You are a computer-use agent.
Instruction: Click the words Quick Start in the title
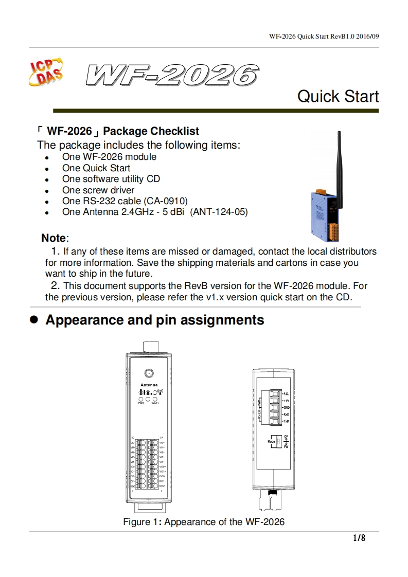tap(338, 96)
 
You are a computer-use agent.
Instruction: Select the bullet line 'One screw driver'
tap(98, 190)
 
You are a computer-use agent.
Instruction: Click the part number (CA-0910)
tap(165, 201)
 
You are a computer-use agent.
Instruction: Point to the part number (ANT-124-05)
tap(219, 212)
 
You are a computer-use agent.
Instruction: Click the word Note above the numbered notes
tap(54, 238)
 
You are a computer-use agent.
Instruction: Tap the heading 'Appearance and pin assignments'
tap(154, 320)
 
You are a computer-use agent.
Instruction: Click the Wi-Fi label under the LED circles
tap(155, 404)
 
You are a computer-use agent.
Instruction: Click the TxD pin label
tap(287, 421)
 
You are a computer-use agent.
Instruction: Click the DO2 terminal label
tap(162, 485)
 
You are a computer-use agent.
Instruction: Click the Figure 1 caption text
tap(203, 522)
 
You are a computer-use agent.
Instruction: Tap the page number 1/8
tap(359, 538)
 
